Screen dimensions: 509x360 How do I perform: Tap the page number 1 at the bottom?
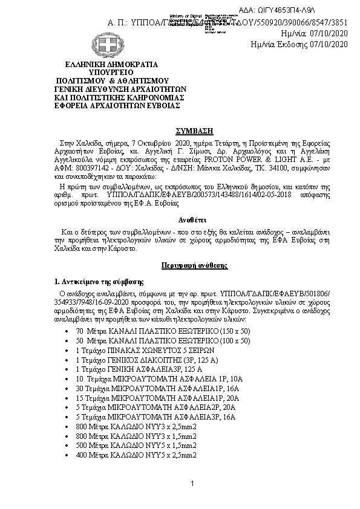[x=191, y=484]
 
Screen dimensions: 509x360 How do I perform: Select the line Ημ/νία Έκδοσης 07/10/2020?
[x=299, y=44]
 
